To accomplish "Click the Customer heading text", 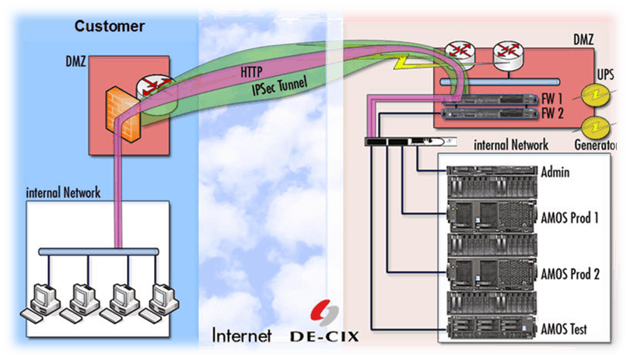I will [x=110, y=26].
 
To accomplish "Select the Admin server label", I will [x=555, y=172].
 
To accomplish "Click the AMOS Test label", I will [x=565, y=329].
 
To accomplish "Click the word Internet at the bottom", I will [x=242, y=335].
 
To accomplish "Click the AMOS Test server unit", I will [x=488, y=327].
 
